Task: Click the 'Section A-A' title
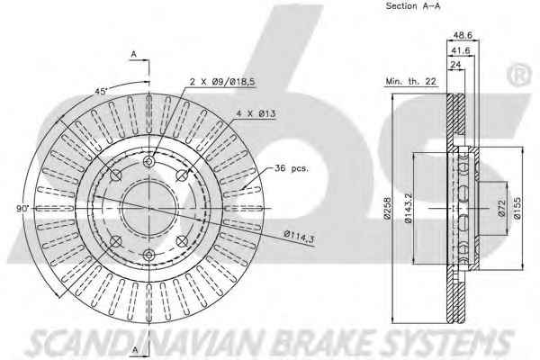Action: (x=412, y=6)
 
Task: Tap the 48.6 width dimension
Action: (x=463, y=35)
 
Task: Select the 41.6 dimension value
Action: (x=461, y=50)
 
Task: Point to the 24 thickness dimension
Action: (x=455, y=65)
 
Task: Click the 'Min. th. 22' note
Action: (x=410, y=81)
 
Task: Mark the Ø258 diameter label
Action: (x=387, y=208)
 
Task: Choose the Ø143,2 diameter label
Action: (x=408, y=208)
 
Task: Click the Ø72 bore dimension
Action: (x=501, y=208)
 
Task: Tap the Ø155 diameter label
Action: (x=517, y=208)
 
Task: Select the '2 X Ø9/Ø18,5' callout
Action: (x=222, y=82)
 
